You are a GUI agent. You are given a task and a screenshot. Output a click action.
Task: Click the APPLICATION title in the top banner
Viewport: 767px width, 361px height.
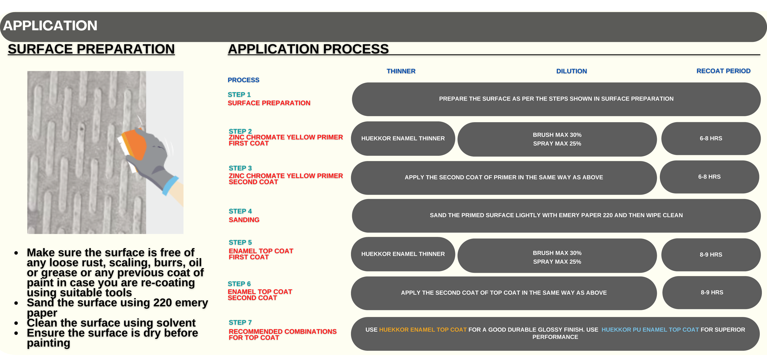(x=50, y=26)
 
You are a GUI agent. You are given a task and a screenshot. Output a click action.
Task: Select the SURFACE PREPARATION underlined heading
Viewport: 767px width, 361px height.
(x=91, y=49)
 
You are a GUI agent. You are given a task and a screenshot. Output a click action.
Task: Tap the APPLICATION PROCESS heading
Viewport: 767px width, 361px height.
(x=308, y=49)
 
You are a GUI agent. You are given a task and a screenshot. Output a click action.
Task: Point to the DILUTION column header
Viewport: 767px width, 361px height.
(x=571, y=71)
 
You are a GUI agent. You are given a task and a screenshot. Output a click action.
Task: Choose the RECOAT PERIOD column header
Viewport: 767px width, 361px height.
(x=723, y=71)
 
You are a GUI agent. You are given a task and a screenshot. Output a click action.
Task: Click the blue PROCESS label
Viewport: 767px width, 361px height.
(x=243, y=80)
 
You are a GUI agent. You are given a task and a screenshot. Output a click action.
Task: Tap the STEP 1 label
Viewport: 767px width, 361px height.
(x=239, y=94)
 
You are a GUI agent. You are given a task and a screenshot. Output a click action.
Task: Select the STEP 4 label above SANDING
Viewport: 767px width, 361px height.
(x=240, y=211)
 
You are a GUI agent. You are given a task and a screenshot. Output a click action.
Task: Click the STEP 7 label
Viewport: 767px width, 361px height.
(x=240, y=322)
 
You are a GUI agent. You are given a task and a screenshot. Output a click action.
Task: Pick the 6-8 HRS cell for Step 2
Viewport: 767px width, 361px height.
(x=711, y=138)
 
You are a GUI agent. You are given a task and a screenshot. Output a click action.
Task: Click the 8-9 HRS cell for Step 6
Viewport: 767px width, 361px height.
(x=712, y=292)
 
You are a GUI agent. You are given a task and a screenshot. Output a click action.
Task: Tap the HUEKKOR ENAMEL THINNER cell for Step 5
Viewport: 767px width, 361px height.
(x=403, y=254)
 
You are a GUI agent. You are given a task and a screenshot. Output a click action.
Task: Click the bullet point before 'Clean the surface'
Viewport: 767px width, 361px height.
(x=16, y=323)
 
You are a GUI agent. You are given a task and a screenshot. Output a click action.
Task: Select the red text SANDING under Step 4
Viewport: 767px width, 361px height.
(x=244, y=220)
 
